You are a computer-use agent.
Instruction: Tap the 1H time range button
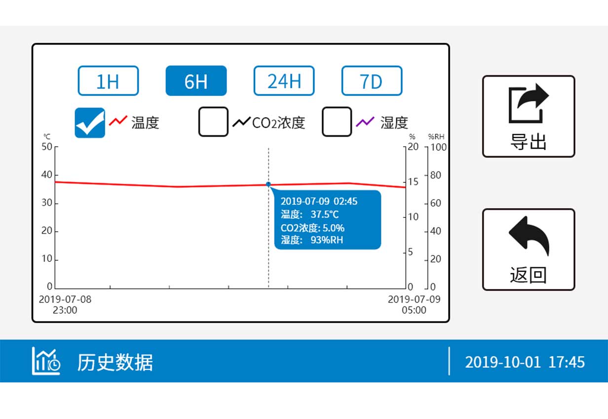(x=108, y=81)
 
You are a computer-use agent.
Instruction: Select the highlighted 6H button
(x=196, y=81)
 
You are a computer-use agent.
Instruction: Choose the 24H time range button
(x=284, y=81)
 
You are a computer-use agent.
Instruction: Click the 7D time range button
(x=372, y=81)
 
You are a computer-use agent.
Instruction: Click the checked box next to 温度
(x=90, y=122)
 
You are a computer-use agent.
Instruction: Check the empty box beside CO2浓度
(x=213, y=122)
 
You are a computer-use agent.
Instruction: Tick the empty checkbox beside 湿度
(x=337, y=122)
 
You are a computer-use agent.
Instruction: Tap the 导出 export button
(x=528, y=116)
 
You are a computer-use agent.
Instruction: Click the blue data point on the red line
(x=268, y=184)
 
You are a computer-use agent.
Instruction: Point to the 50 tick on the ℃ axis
(x=46, y=147)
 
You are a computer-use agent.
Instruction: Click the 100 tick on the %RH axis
(x=438, y=147)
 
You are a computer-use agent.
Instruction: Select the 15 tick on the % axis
(x=413, y=182)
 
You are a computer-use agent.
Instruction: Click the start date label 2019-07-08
(x=65, y=299)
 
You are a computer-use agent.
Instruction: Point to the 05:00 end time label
(x=414, y=310)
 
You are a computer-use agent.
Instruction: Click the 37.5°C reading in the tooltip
(x=325, y=214)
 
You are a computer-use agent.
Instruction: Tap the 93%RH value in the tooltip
(x=326, y=240)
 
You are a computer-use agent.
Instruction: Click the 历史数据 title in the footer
(x=115, y=362)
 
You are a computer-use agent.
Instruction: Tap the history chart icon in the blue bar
(x=46, y=361)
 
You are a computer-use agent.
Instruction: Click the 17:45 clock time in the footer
(x=567, y=362)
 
